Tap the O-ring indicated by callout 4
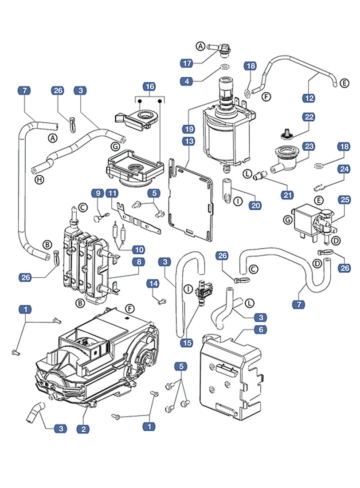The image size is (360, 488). pyautogui.click(x=224, y=67)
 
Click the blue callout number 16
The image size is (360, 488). pyautogui.click(x=149, y=87)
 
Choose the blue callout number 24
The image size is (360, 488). pyautogui.click(x=344, y=169)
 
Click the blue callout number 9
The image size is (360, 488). pyautogui.click(x=98, y=193)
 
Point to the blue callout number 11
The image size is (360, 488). pyautogui.click(x=113, y=193)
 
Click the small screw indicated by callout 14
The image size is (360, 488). pyautogui.click(x=161, y=301)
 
